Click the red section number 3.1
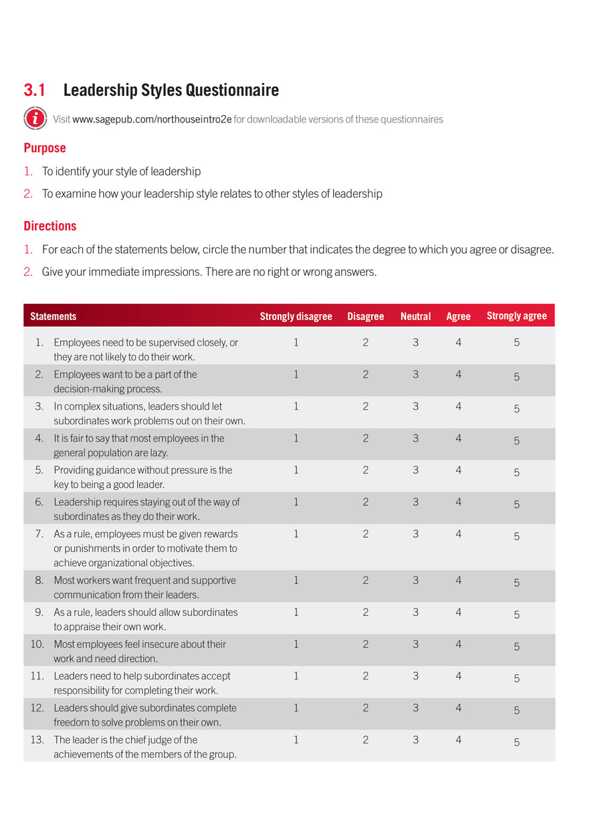tap(35, 90)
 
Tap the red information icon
tap(35, 119)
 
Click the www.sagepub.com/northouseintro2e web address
tap(152, 119)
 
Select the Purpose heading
tap(45, 148)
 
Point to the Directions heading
tap(50, 226)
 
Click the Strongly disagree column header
tap(296, 316)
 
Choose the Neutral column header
tap(415, 316)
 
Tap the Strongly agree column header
tap(516, 315)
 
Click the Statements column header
tap(53, 316)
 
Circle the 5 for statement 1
tap(516, 342)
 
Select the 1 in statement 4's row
tap(296, 438)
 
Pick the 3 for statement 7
tap(415, 534)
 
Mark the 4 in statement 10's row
tap(458, 643)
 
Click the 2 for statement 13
tap(365, 739)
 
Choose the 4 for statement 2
tap(458, 374)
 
